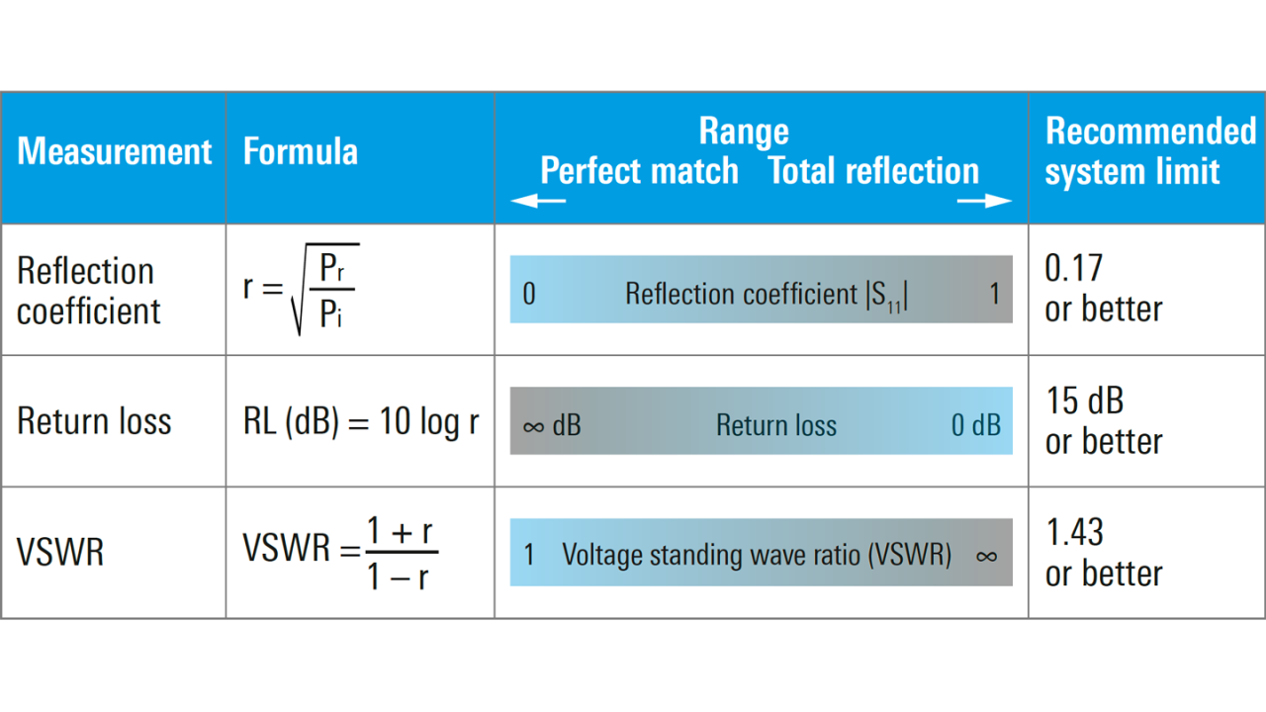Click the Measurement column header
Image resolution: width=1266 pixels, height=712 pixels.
(114, 151)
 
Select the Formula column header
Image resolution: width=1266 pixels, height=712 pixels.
(300, 151)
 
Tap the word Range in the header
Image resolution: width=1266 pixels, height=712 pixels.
(744, 132)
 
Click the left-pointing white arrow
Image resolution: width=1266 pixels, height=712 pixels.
(538, 201)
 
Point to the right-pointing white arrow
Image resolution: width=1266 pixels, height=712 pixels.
(984, 201)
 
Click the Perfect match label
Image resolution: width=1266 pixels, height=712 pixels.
(639, 171)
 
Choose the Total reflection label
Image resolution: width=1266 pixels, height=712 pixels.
(873, 171)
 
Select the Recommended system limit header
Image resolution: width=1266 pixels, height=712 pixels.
(1150, 151)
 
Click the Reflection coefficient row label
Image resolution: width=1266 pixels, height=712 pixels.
(88, 291)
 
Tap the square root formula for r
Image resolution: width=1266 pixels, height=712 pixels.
(302, 290)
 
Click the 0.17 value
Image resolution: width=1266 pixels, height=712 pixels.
(1073, 268)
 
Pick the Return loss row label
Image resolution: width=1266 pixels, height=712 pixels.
(94, 421)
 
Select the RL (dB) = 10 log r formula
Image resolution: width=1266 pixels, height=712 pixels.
(361, 422)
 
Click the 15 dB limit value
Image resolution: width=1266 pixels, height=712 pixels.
(1085, 400)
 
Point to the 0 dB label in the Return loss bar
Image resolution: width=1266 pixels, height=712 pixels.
(976, 425)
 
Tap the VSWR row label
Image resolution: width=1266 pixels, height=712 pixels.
(60, 552)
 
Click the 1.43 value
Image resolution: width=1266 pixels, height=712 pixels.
(1074, 532)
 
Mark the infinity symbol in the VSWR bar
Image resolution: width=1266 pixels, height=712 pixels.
(986, 557)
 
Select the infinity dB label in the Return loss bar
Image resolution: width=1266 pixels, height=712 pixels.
(552, 425)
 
